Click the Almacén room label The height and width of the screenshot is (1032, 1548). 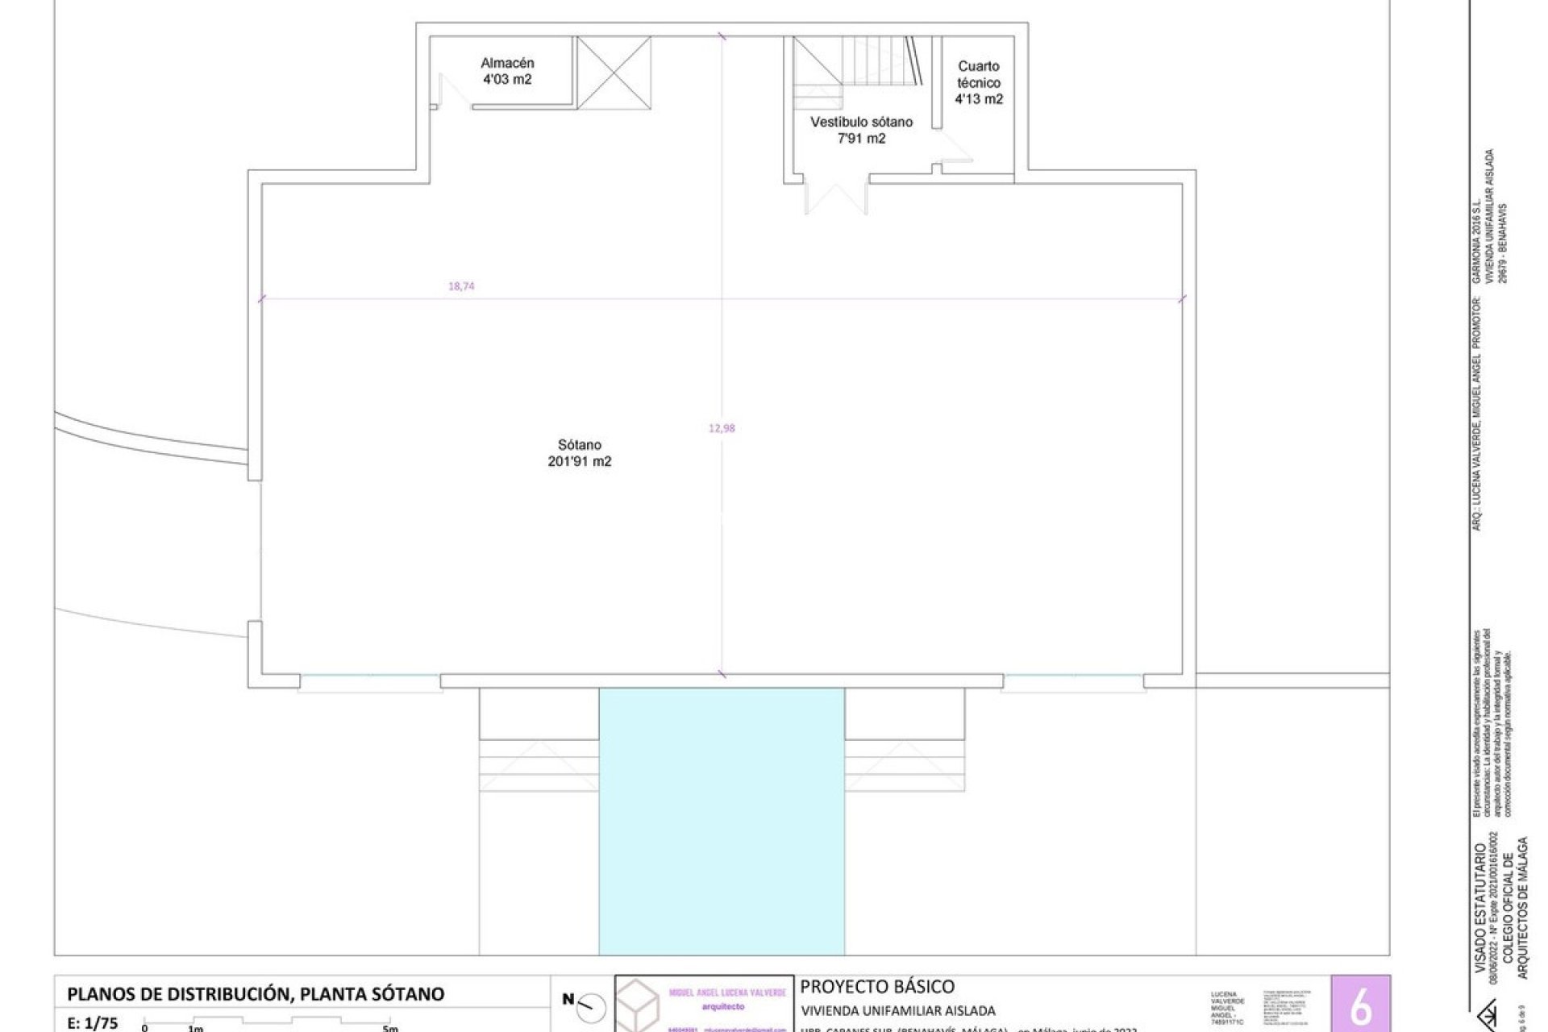click(x=507, y=63)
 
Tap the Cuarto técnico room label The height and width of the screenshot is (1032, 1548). click(x=979, y=74)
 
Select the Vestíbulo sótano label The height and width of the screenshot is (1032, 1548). click(x=861, y=122)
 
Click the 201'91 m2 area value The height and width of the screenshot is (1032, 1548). click(x=579, y=462)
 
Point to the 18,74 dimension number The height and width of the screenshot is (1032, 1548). click(x=461, y=285)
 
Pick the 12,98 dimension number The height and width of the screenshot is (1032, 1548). click(x=722, y=428)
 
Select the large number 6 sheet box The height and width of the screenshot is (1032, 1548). click(x=1360, y=1005)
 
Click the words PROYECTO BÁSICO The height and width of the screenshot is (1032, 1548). click(x=877, y=986)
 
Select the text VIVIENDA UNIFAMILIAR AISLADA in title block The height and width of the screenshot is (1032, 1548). click(x=897, y=1010)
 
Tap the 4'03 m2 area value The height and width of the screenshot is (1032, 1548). click(x=507, y=80)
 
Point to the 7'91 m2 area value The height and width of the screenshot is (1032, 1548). click(x=861, y=139)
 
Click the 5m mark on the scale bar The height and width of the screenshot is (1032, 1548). click(x=389, y=1028)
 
